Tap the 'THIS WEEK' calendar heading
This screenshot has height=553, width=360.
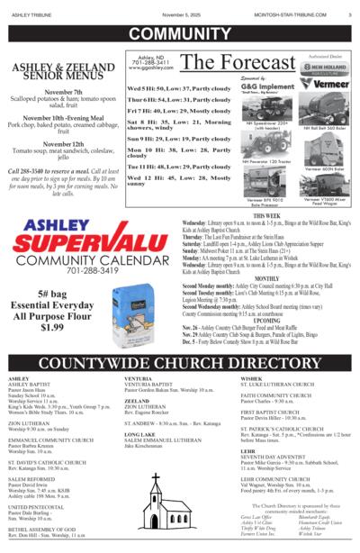tap(266, 217)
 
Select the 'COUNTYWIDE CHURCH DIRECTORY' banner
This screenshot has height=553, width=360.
tap(180, 363)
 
